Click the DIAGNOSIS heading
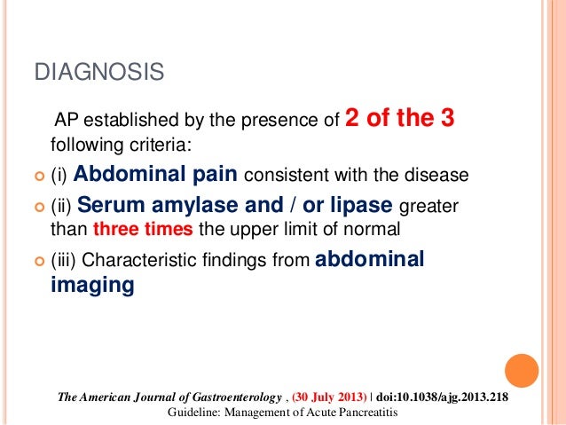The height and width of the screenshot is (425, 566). (98, 73)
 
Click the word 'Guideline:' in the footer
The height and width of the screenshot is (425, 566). (194, 413)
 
